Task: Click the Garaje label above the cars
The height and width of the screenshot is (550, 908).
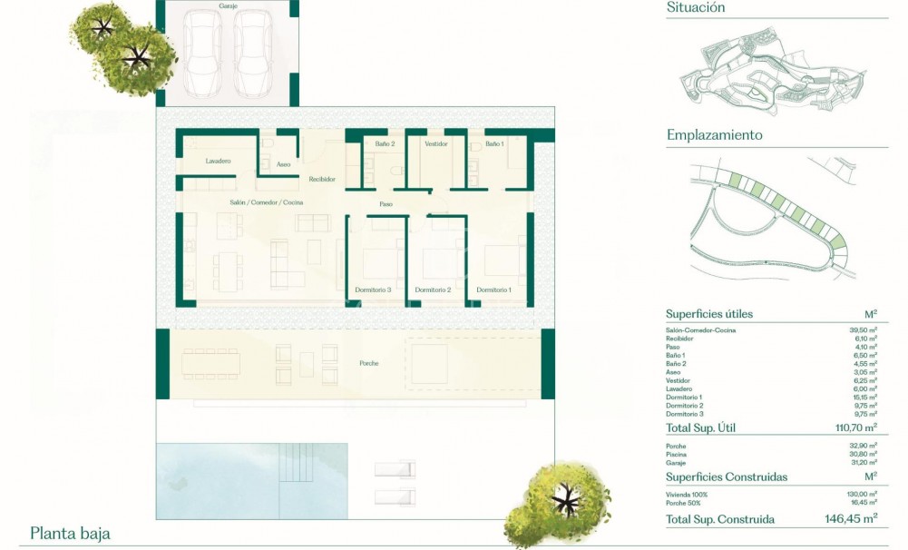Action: point(228,6)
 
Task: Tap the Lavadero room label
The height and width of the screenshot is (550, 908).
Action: point(218,161)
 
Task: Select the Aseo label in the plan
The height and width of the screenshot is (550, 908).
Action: point(283,164)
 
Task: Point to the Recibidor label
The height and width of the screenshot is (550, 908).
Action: point(322,179)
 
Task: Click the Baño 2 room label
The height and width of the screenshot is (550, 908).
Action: point(386,143)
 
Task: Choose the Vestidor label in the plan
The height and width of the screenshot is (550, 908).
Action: point(436,143)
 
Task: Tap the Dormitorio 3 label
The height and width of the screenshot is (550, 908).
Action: point(373,290)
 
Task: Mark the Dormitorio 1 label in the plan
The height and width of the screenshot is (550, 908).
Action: point(494,290)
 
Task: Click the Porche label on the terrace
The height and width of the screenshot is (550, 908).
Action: point(367,363)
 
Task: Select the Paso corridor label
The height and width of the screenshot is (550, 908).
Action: point(386,204)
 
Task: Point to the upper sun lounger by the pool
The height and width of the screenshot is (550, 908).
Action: point(395,469)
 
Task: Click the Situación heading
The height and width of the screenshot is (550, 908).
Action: point(696,7)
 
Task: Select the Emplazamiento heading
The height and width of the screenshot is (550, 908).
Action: point(714,135)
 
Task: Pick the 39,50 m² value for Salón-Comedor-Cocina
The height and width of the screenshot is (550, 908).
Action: point(862,330)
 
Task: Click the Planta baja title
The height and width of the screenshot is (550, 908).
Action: point(70,534)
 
